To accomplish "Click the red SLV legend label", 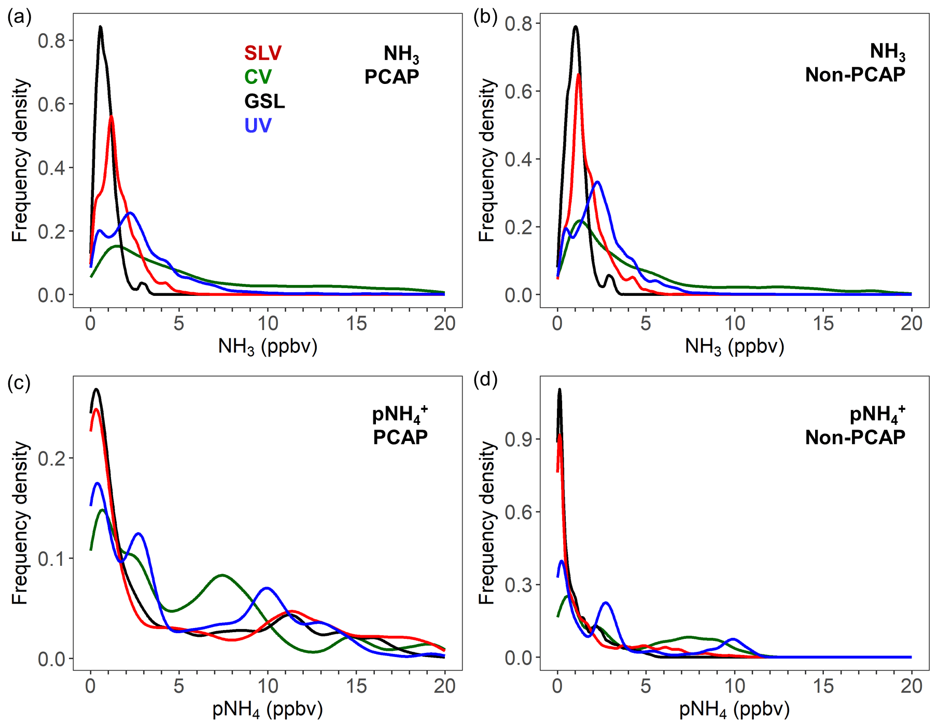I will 263,53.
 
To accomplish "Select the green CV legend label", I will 258,77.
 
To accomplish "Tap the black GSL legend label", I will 264,101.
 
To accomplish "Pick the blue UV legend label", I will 258,125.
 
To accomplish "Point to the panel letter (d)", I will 485,380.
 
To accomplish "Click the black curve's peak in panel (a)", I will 100,27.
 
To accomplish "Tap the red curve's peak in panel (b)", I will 578,74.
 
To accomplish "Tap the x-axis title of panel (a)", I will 268,346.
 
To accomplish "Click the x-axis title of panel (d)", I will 734,709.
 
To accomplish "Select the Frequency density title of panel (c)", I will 20,523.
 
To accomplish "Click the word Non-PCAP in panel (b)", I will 855,75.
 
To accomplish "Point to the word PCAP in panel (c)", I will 400,437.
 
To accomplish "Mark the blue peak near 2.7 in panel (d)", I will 606,603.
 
